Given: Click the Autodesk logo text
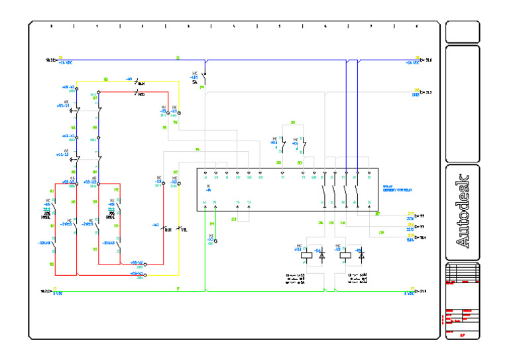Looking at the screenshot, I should click(463, 211).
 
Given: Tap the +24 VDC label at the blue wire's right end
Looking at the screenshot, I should click(412, 62).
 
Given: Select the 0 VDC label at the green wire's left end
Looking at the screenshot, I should click(58, 293).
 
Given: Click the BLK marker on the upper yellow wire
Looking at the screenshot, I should click(141, 84).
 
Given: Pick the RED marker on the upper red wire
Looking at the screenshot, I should click(141, 94).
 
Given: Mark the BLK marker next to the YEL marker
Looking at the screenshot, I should click(168, 229).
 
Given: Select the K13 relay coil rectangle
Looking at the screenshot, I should click(345, 255).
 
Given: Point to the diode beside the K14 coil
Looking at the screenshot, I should click(322, 255).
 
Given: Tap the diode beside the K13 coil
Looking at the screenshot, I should click(361, 255).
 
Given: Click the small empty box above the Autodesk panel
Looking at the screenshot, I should click(463, 31).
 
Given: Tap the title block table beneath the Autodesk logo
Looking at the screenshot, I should click(463, 273).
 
